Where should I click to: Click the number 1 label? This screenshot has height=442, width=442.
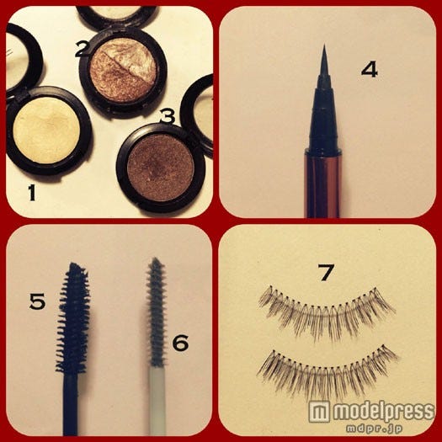(32, 193)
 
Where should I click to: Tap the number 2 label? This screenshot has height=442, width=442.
(83, 49)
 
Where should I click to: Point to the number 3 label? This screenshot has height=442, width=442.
(168, 116)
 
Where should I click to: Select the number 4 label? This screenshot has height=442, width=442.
(370, 70)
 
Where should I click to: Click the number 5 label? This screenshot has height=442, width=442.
(37, 301)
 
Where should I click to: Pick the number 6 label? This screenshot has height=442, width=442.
(181, 343)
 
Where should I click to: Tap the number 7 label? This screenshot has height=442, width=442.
(326, 272)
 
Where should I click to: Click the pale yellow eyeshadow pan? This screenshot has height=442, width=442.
(46, 130)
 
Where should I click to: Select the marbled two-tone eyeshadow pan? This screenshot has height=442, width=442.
(123, 70)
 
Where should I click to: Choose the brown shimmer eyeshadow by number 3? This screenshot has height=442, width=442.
(161, 168)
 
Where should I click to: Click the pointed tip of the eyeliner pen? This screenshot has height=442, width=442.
(324, 45)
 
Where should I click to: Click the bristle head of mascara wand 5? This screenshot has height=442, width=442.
(73, 318)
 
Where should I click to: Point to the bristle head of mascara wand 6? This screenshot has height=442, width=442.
(156, 312)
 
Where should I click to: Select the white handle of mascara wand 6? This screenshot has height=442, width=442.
(157, 401)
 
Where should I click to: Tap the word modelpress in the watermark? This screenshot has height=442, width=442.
(383, 412)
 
